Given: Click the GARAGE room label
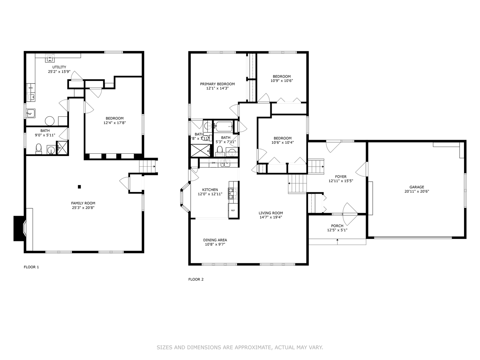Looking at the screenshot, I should coord(417,187).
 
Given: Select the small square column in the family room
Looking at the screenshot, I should coord(79,187).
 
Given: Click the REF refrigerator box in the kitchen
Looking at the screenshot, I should coord(233,210).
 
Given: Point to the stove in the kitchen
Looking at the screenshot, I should coord(233,194).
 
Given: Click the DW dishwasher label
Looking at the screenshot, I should coord(213,163).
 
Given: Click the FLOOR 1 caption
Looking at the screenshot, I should coord(31,267).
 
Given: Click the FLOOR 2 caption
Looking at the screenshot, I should coord(196,279).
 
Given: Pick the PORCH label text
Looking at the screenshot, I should coord(337,226).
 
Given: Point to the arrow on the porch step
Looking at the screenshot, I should coord(338,241).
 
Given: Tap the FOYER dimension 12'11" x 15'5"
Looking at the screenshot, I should coord(341,181).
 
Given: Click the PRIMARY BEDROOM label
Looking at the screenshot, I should coord(217,84).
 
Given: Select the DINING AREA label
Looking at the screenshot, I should coord(215,240).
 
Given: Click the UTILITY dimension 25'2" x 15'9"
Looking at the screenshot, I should coord(59,71).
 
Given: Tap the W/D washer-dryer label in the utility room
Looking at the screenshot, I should coord(31,88).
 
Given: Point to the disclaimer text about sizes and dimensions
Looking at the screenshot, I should coord(240,347).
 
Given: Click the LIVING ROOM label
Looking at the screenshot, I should coord(271,213).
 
